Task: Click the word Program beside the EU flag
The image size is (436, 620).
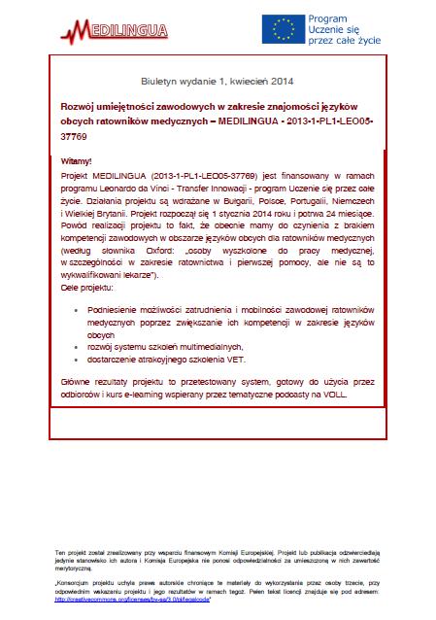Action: click(328, 17)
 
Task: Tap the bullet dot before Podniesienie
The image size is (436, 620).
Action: click(76, 308)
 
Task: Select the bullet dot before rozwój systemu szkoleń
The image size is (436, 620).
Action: click(76, 347)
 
